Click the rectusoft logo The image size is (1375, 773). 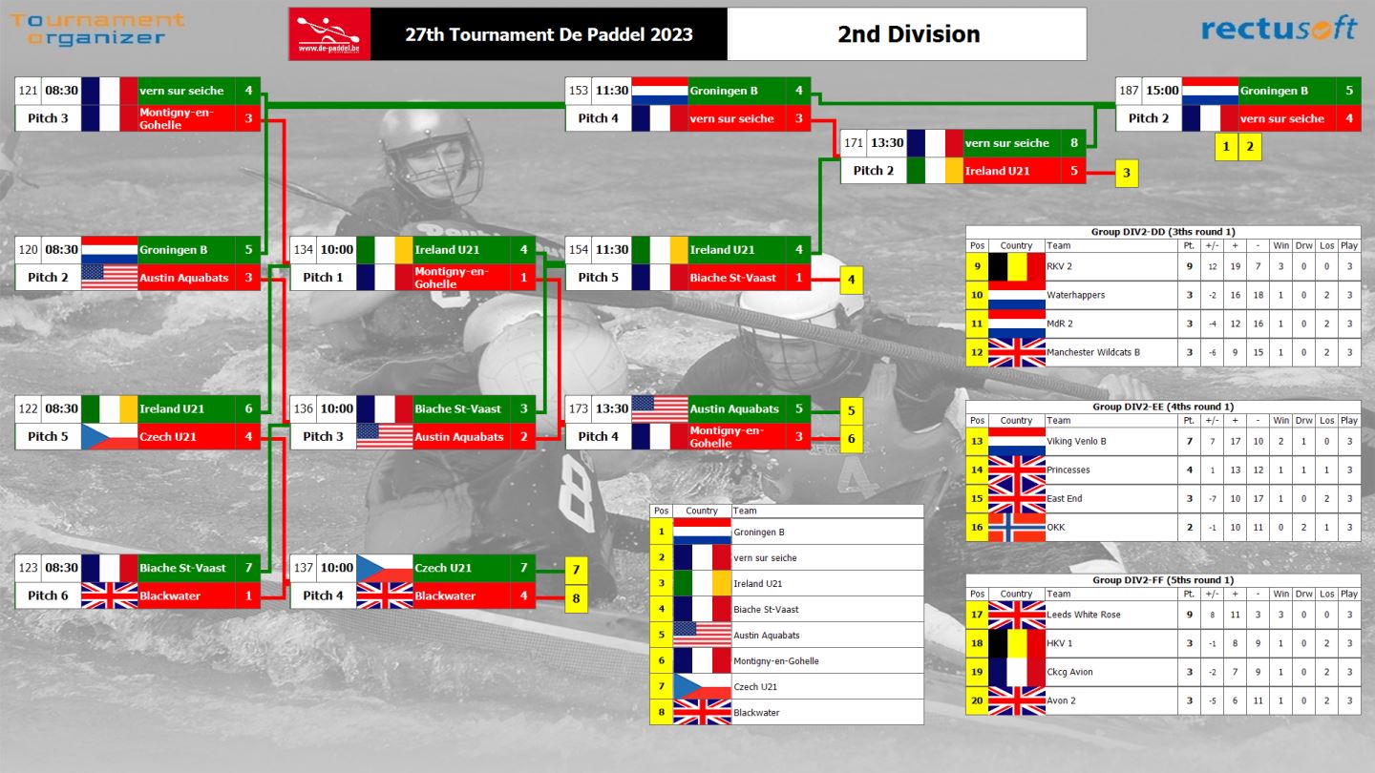point(1279,30)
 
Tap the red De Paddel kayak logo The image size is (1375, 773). point(329,33)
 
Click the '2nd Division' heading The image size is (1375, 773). point(908,34)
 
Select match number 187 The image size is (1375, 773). point(1129,91)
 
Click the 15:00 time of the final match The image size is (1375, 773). point(1163,91)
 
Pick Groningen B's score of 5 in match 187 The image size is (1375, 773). point(1349,91)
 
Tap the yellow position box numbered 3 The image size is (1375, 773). point(1127,173)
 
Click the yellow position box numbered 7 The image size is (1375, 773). point(576,570)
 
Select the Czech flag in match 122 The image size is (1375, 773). point(109,437)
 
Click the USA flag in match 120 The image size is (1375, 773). point(109,278)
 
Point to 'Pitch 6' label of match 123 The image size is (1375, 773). point(48,595)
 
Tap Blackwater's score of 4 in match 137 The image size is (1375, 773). point(523,595)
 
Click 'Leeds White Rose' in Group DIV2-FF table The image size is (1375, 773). point(1084,615)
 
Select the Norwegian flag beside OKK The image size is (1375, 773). point(1017,528)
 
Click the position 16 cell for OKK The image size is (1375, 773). point(977,528)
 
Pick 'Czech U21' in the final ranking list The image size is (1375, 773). point(755,687)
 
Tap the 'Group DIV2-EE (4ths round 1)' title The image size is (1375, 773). point(1163,407)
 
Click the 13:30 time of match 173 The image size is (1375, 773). point(612,409)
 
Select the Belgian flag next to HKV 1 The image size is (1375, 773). point(1017,643)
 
